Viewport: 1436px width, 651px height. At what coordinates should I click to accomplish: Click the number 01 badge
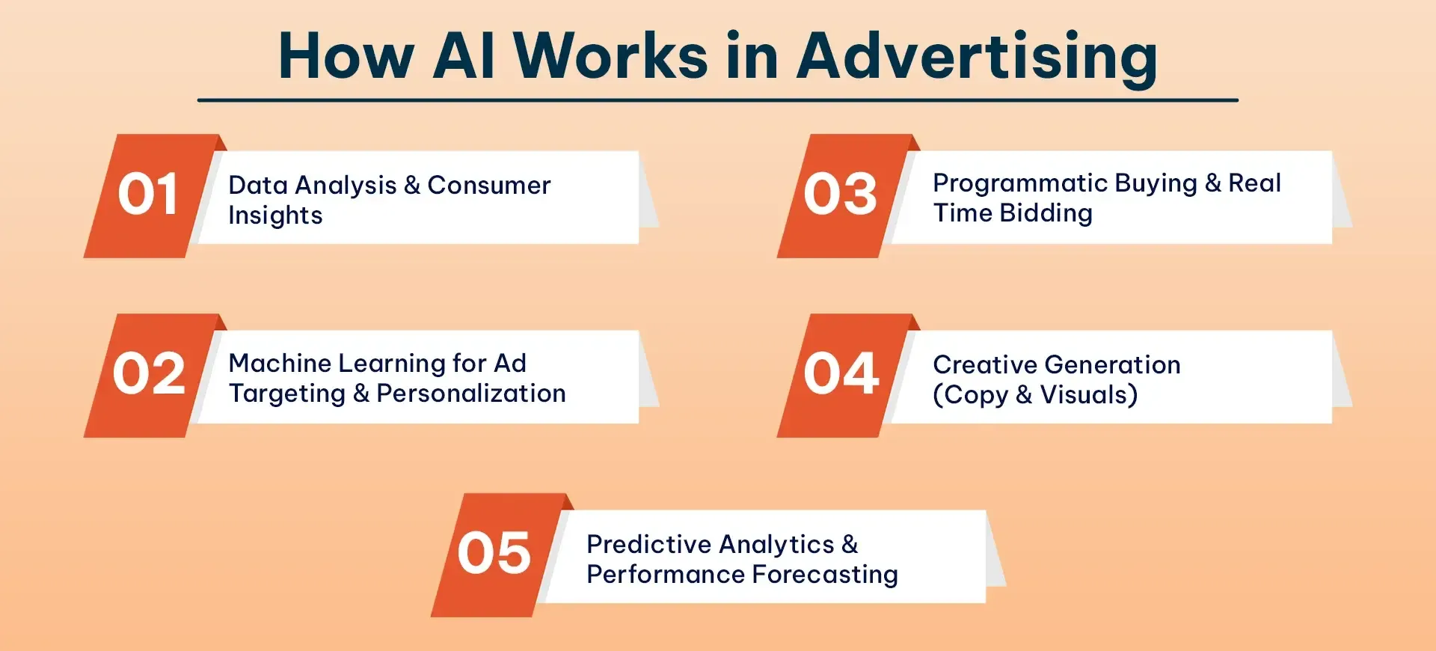pos(147,195)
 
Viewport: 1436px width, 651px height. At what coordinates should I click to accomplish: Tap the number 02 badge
pos(149,374)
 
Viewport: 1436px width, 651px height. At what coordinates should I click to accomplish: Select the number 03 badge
pos(840,195)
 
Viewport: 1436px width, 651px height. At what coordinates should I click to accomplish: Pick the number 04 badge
pos(841,374)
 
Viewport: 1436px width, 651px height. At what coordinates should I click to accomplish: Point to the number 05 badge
pos(494,554)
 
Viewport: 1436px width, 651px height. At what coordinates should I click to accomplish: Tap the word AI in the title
pos(464,57)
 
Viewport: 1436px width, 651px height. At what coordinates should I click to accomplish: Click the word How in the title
pos(346,57)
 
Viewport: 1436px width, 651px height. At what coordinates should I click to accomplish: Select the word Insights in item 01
pos(275,216)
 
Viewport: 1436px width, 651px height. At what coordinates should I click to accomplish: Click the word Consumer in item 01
pos(488,185)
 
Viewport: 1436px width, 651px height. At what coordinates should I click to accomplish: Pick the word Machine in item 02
pos(280,363)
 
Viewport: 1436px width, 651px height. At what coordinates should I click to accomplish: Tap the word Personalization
pos(470,394)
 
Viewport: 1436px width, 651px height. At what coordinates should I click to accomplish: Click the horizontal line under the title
pos(718,100)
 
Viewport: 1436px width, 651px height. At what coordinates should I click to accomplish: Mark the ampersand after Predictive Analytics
pos(850,544)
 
